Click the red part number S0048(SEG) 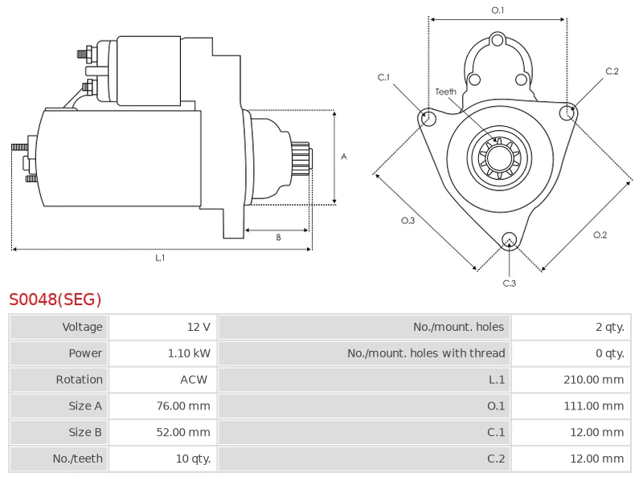[x=55, y=300]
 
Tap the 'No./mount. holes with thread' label [x=426, y=353]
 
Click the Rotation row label [x=79, y=380]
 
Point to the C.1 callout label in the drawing [x=383, y=78]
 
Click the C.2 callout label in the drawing [x=612, y=71]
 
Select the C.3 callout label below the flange [x=509, y=283]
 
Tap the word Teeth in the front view [x=445, y=92]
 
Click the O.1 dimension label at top [x=498, y=10]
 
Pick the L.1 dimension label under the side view [x=160, y=258]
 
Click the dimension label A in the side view [x=344, y=157]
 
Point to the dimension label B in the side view [x=278, y=237]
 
